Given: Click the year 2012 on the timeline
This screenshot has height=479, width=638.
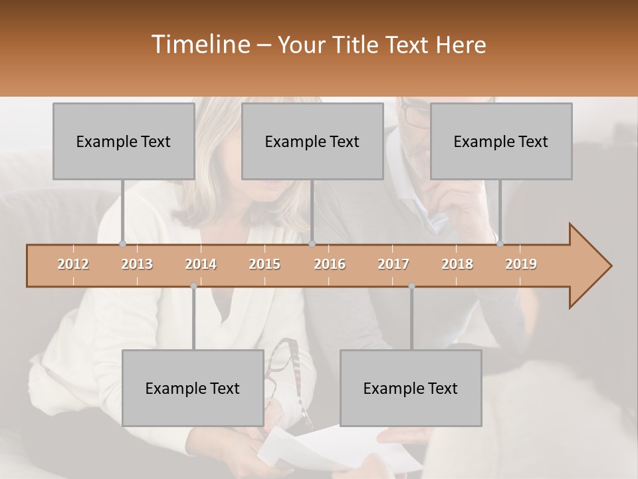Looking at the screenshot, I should [x=73, y=265].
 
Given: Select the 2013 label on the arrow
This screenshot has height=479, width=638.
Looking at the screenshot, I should [x=137, y=265].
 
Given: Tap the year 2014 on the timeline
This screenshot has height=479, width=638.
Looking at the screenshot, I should [x=201, y=265].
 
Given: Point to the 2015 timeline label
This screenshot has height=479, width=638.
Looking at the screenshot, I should [x=265, y=265].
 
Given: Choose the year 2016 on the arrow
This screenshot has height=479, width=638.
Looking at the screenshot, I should [x=330, y=265].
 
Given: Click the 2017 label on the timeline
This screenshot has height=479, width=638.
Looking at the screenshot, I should [x=393, y=265].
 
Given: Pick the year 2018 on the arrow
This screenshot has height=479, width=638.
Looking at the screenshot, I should [x=457, y=265].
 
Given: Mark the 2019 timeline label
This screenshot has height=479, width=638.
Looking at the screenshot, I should [x=521, y=265].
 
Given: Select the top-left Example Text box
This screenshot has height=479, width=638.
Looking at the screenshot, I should [x=123, y=141].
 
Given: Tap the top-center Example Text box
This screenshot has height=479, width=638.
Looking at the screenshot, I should [x=312, y=141].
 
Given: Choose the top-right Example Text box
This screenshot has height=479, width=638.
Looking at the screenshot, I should [x=501, y=141].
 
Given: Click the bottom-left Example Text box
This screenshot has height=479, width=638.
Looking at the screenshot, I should [x=193, y=388].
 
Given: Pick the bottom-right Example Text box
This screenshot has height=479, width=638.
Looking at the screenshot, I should [x=411, y=388].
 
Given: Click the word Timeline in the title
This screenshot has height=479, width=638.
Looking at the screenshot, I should [x=199, y=45].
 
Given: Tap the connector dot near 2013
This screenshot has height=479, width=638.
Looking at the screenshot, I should [x=122, y=243].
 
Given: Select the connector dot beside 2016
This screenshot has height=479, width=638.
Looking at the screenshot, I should [x=312, y=243].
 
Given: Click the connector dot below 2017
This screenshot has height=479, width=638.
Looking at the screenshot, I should [x=411, y=286].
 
